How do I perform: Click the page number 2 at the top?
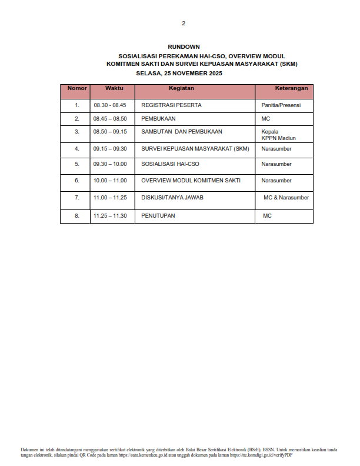pos(184,24)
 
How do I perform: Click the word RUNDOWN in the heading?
pos(184,46)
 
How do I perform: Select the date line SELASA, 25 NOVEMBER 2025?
pos(179,74)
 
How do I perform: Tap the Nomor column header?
pos(77,88)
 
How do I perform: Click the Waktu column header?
pos(114,88)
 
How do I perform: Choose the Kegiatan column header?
pos(181,88)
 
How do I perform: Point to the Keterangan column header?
pos(291,88)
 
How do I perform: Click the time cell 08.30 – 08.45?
pos(109,105)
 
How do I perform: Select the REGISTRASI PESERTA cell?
pos(171,105)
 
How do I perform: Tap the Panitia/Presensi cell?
pos(281,105)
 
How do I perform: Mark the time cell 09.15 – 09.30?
pos(109,149)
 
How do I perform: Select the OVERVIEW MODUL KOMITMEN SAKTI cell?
pos(191,181)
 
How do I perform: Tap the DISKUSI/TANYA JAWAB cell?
pos(172,198)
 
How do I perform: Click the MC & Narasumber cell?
pos(286,198)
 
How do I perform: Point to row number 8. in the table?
pos(77,216)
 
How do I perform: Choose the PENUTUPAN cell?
pos(158,216)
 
